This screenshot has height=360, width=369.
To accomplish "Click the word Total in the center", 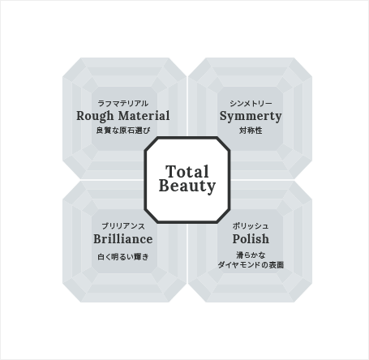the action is click(x=187, y=171).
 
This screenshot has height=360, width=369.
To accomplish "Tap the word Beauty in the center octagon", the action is click(x=187, y=186).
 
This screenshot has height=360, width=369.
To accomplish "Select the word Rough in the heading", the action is click(x=95, y=116).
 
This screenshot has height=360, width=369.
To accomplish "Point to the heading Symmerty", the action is click(x=251, y=117).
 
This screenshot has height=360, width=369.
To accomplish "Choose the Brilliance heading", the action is click(x=123, y=239).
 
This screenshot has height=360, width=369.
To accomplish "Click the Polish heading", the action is click(x=251, y=239).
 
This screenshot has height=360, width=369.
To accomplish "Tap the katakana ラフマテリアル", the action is click(x=123, y=103).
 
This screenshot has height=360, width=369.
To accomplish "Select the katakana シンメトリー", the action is click(x=251, y=103).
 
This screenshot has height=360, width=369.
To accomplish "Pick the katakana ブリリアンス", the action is click(x=123, y=226).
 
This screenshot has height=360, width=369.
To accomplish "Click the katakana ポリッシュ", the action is click(x=251, y=226).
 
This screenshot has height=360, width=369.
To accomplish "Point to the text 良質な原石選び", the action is click(x=123, y=131).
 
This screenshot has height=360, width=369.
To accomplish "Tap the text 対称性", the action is click(x=251, y=131).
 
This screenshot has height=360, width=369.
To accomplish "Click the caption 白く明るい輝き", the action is click(x=123, y=256).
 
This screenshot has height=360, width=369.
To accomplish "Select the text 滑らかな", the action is click(x=251, y=255).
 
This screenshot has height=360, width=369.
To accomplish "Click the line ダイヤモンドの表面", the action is click(x=251, y=265).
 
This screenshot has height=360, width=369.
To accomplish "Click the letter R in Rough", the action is click(x=81, y=116).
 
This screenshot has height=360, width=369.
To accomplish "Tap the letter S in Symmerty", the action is click(x=224, y=116).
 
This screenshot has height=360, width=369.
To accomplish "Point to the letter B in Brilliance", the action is click(x=98, y=239).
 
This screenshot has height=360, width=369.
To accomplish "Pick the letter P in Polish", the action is click(x=237, y=239).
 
